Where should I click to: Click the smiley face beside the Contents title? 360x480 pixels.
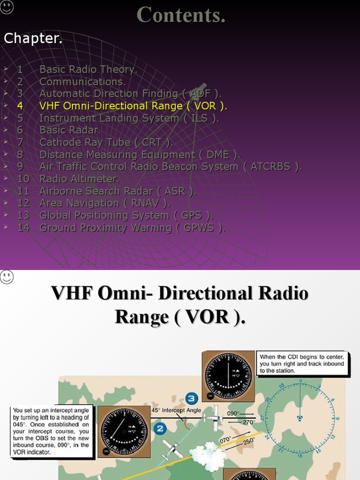click(x=7, y=7)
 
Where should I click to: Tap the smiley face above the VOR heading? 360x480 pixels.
click(x=7, y=277)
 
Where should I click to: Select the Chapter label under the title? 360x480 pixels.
click(x=33, y=39)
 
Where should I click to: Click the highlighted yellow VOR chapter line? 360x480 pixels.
click(x=133, y=106)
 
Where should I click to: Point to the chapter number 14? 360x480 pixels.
click(x=23, y=228)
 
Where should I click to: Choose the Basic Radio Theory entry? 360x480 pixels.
click(x=88, y=69)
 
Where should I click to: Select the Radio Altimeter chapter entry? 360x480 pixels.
click(x=79, y=179)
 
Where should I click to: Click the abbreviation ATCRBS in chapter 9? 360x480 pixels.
click(x=270, y=167)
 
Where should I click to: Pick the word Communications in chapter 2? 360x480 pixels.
click(x=82, y=82)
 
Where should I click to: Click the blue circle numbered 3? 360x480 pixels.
click(x=190, y=399)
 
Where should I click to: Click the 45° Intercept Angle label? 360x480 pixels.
click(x=176, y=410)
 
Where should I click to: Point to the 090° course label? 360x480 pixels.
click(x=233, y=414)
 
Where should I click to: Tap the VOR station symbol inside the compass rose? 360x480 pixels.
click(x=300, y=418)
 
